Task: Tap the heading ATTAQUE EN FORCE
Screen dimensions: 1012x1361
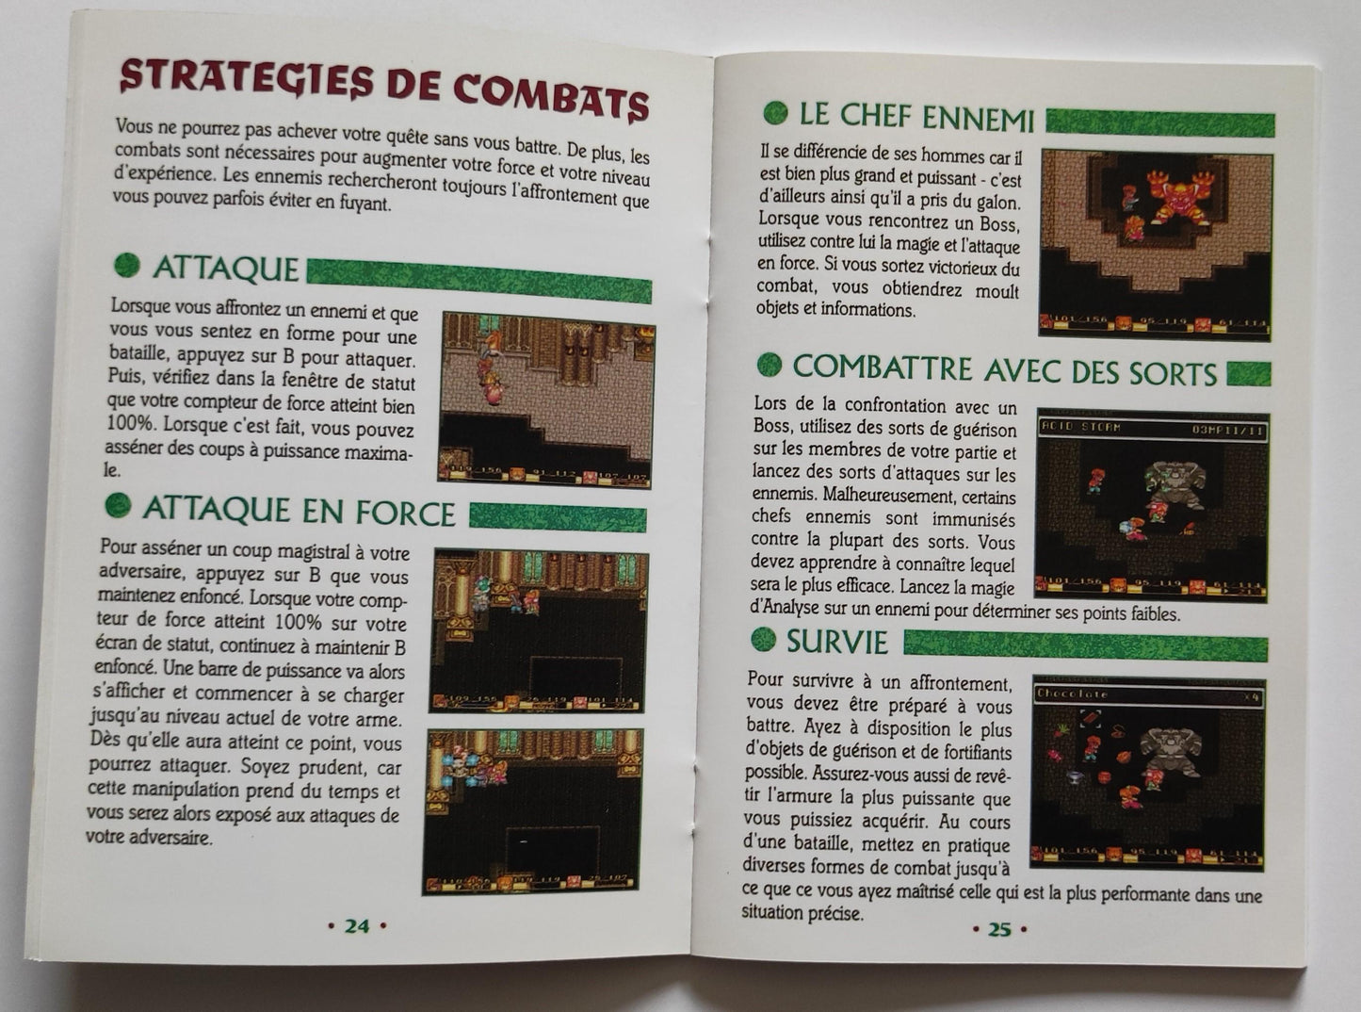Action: (x=299, y=511)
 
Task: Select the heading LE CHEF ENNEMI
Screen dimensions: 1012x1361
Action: (x=915, y=117)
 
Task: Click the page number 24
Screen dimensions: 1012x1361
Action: (x=356, y=926)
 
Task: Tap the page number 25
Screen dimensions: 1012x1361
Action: (x=998, y=929)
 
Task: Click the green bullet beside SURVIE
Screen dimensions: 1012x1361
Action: (x=763, y=641)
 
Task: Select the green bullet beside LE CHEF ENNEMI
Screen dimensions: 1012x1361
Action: (x=774, y=113)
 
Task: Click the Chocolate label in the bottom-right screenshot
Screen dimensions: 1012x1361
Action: (x=1072, y=694)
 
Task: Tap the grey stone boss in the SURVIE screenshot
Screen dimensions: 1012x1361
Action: (x=1170, y=750)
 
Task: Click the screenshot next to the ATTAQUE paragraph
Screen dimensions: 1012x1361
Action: (x=546, y=400)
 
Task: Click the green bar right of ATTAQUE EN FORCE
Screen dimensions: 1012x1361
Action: (x=558, y=517)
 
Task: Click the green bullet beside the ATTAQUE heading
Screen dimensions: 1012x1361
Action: (x=126, y=266)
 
